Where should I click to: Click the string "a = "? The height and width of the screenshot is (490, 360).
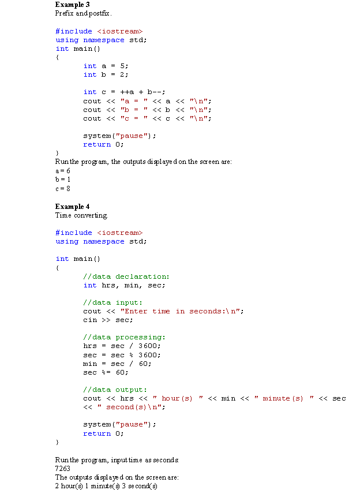click(134, 101)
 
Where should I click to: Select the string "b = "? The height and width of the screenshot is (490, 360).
click(134, 110)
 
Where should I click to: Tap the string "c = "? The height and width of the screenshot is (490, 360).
click(134, 118)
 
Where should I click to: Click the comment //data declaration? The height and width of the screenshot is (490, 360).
click(126, 276)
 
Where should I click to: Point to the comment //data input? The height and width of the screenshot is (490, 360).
click(112, 302)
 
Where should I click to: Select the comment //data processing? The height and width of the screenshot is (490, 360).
click(124, 337)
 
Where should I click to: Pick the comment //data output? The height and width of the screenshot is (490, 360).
click(115, 390)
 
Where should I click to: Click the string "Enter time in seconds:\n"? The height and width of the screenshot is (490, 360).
click(180, 311)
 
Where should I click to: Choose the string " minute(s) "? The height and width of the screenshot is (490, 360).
click(284, 398)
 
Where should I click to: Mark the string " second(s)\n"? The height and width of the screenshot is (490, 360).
click(129, 407)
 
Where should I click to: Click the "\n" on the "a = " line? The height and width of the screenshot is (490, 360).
click(198, 101)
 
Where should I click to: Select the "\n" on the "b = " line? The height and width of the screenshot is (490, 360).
click(198, 110)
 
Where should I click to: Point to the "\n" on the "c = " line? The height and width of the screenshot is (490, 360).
click(198, 118)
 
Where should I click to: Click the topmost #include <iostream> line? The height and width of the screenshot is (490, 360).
click(99, 31)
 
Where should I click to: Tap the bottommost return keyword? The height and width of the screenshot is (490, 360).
click(97, 433)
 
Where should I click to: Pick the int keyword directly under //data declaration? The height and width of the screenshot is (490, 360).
click(90, 285)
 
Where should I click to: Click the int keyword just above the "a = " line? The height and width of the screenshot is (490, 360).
click(90, 92)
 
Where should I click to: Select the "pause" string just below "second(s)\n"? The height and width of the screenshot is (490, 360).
click(132, 424)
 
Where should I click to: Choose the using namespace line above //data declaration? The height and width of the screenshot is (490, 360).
click(90, 241)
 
